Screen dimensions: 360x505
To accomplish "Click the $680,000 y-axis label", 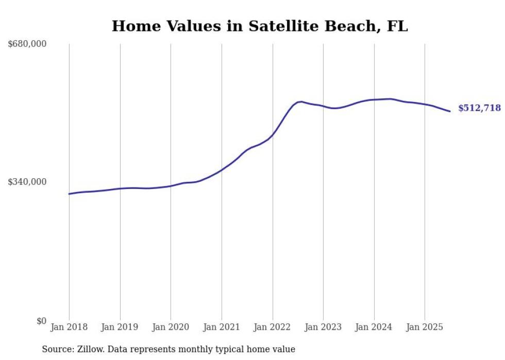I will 27,44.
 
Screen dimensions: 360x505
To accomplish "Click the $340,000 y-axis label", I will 27,182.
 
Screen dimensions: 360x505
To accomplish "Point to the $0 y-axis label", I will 41,321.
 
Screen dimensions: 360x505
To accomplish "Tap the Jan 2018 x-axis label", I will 69,327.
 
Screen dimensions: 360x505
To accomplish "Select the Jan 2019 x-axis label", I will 120,327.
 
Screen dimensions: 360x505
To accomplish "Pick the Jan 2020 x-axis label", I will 171,327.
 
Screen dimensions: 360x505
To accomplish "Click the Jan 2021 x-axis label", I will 222,327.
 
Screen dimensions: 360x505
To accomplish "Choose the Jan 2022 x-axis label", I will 273,327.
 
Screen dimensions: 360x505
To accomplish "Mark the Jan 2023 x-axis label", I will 323,327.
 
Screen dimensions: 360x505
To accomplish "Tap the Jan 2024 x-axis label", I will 374,327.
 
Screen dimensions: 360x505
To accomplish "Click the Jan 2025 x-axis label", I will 425,327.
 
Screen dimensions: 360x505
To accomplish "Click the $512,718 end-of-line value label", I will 479,108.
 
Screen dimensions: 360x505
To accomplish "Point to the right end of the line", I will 450,111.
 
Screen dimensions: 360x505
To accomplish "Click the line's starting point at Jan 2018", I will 69,194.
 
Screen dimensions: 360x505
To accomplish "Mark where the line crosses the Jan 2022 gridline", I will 273,134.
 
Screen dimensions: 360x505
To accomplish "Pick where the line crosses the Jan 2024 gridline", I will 374,99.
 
